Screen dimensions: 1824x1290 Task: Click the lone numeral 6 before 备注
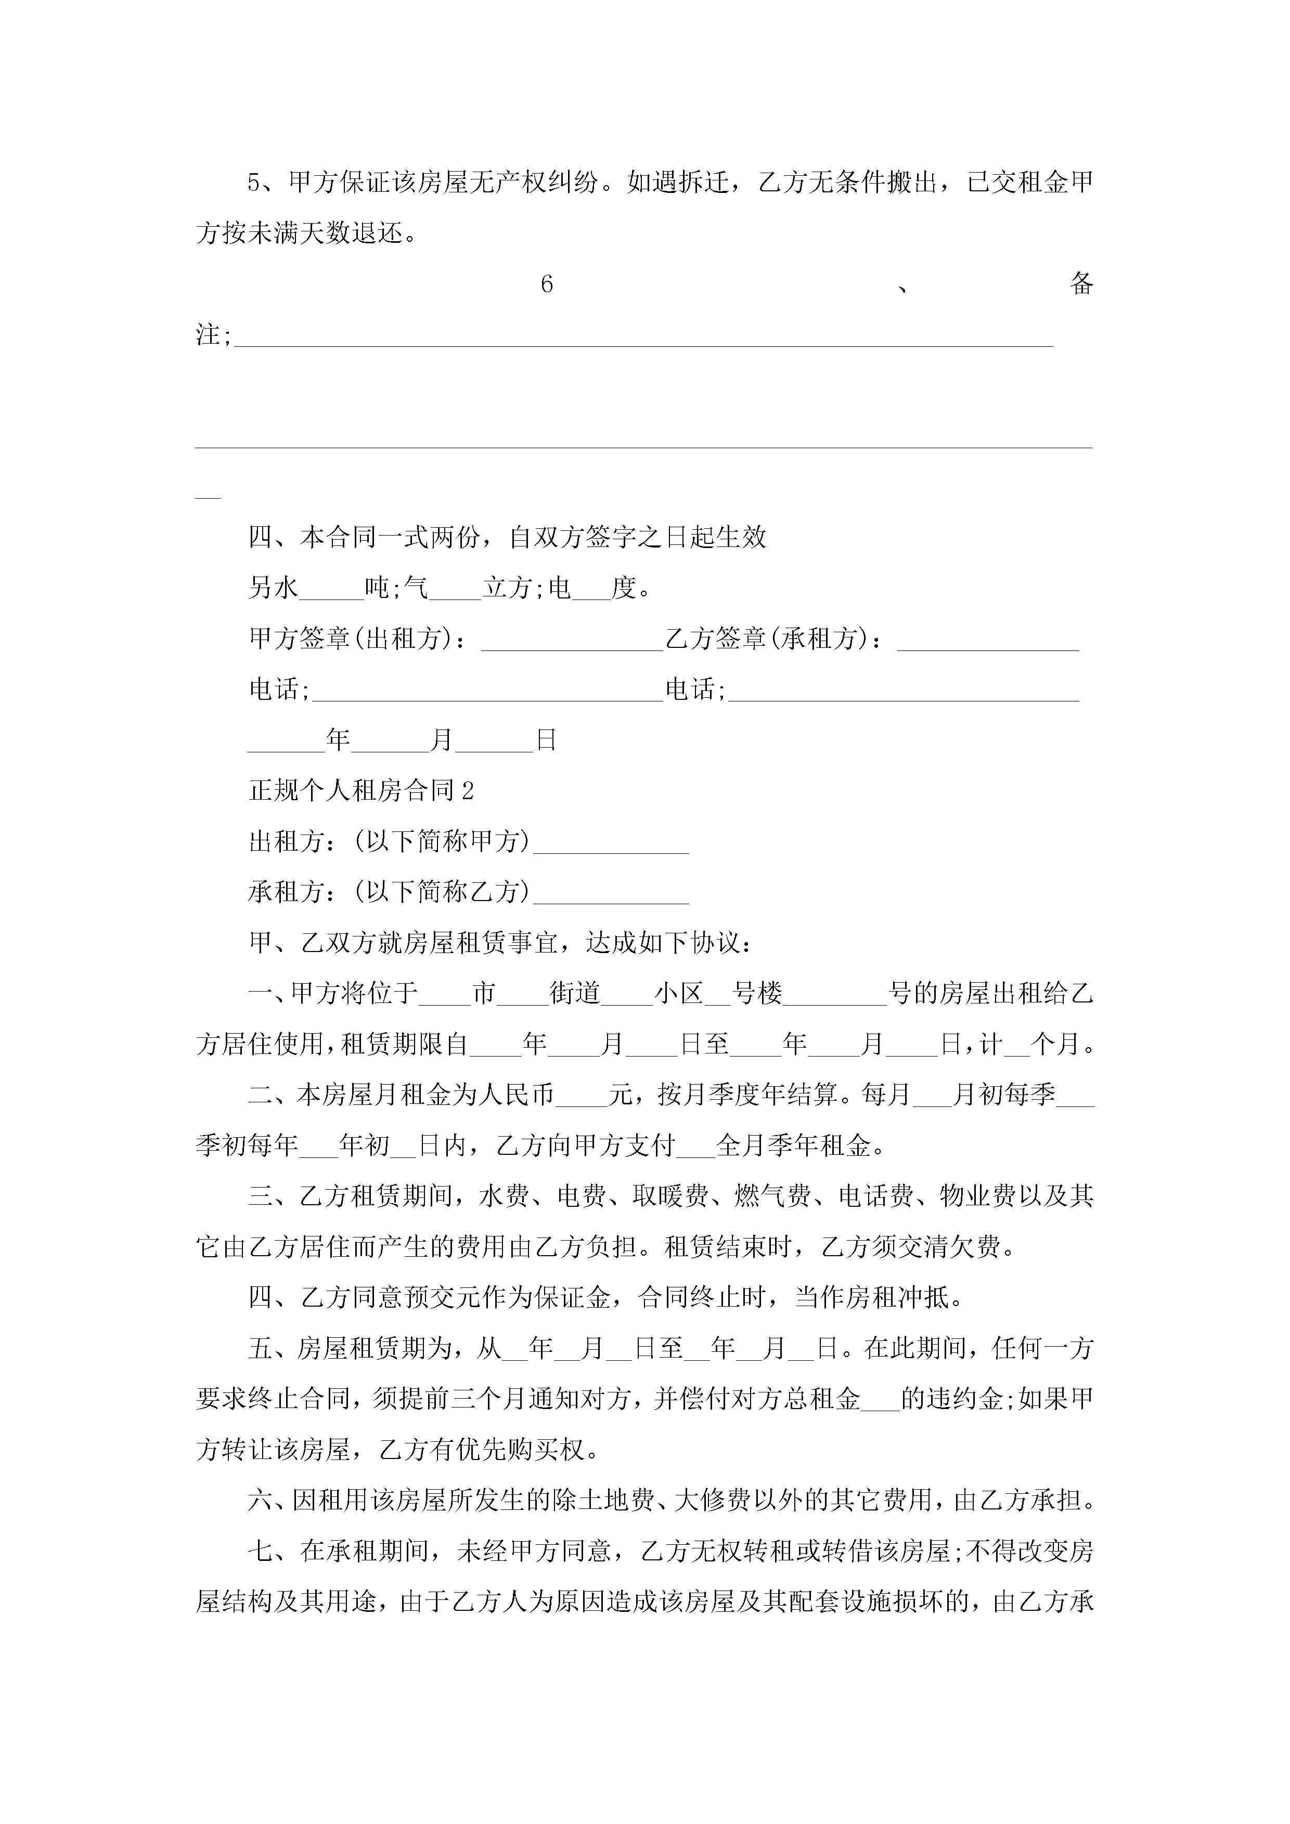(546, 284)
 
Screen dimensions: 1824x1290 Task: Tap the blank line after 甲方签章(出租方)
(572, 640)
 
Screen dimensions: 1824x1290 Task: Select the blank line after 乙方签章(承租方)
(988, 640)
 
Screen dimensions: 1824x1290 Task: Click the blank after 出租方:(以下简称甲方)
(611, 843)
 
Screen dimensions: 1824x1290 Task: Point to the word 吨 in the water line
(377, 589)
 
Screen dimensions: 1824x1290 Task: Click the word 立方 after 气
(508, 589)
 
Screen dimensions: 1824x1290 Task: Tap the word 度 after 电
(624, 589)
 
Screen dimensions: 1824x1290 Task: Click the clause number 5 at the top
(253, 183)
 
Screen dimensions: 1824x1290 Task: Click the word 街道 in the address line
(575, 994)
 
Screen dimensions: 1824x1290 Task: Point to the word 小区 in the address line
(679, 994)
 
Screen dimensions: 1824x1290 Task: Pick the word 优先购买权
(521, 1451)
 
